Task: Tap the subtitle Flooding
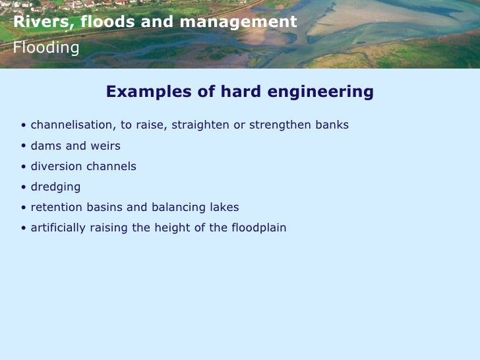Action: coord(46,47)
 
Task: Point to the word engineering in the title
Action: coord(319,92)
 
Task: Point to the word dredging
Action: coord(55,187)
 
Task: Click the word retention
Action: coord(55,208)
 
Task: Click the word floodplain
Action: coord(258,228)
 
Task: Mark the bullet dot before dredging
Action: coord(24,187)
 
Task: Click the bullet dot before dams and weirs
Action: coord(24,146)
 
